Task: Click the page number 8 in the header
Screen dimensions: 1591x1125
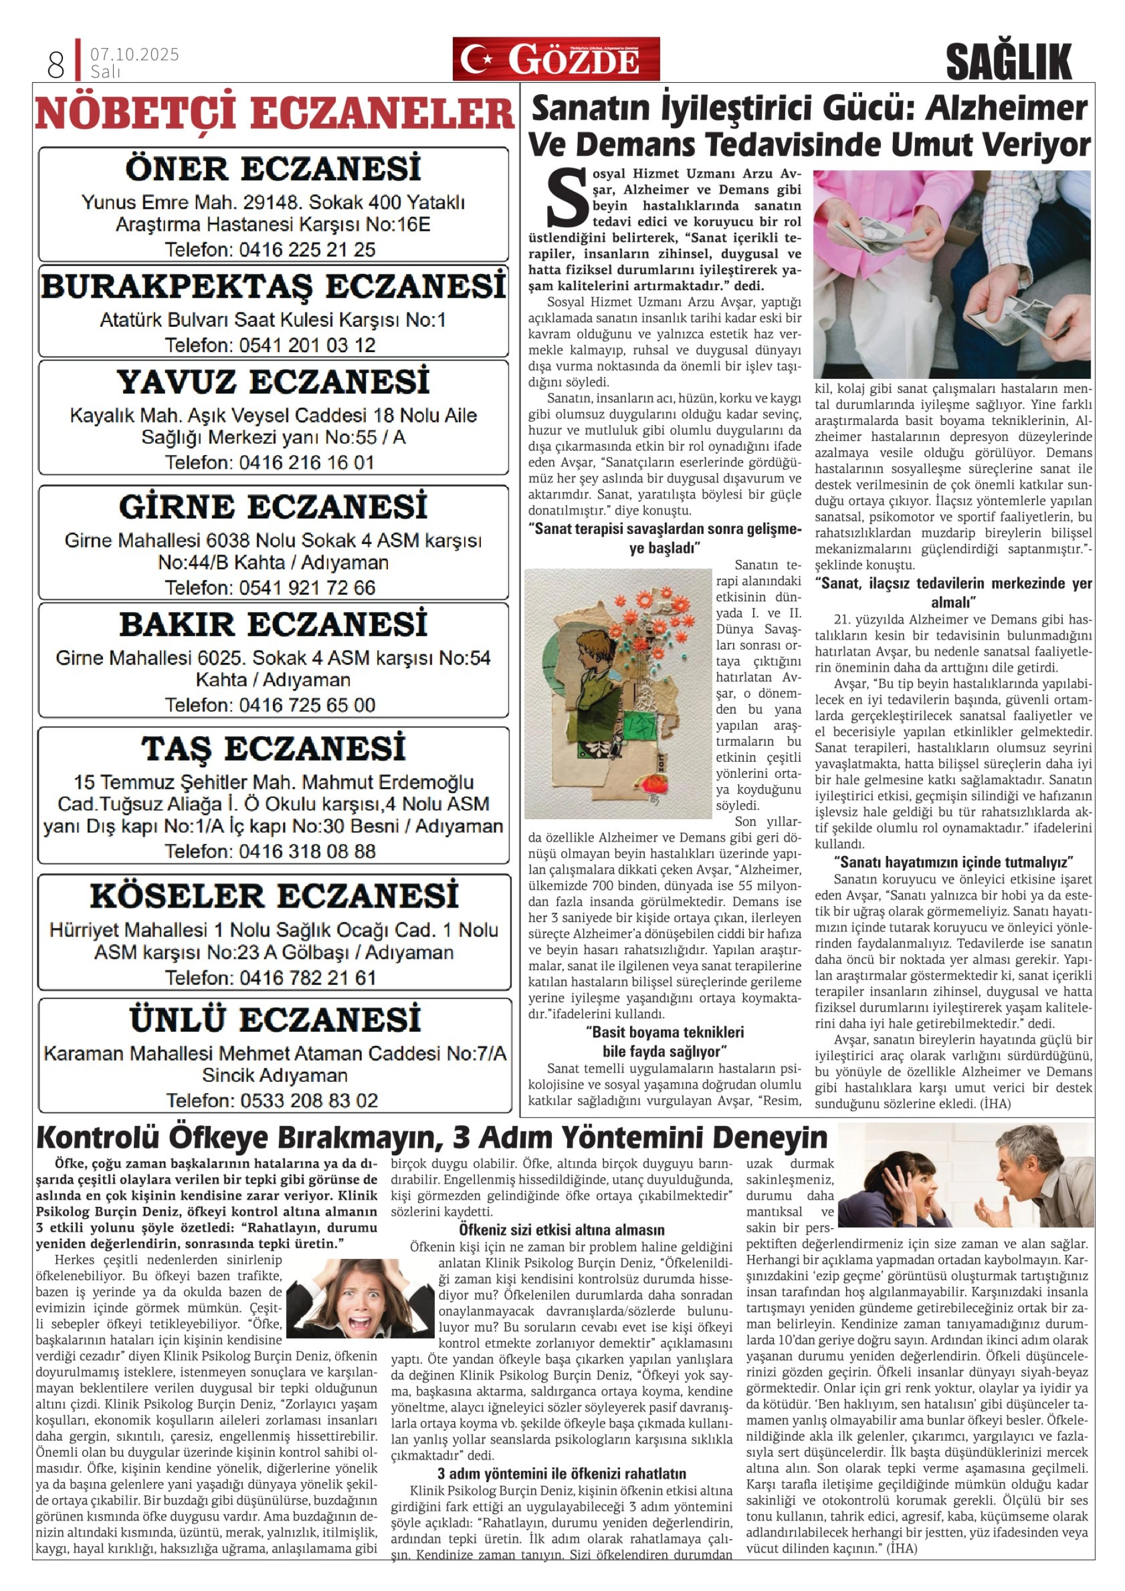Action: [x=56, y=65]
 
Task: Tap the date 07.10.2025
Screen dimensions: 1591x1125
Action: [x=134, y=54]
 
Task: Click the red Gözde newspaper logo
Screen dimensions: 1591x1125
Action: [x=556, y=60]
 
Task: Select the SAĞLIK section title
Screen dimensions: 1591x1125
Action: [x=1008, y=62]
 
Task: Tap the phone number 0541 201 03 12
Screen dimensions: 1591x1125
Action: [x=307, y=345]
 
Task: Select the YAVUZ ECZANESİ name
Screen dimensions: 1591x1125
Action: [x=273, y=382]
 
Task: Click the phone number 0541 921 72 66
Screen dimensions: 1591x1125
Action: [x=307, y=588]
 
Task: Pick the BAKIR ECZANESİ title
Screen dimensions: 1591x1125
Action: [x=273, y=624]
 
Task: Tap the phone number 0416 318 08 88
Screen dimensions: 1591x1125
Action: [x=307, y=851]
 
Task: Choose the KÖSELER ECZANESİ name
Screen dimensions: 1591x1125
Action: [x=273, y=896]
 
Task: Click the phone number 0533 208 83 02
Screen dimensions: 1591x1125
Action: [x=308, y=1100]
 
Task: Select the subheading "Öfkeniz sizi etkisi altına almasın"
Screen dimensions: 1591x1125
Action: [x=561, y=1230]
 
